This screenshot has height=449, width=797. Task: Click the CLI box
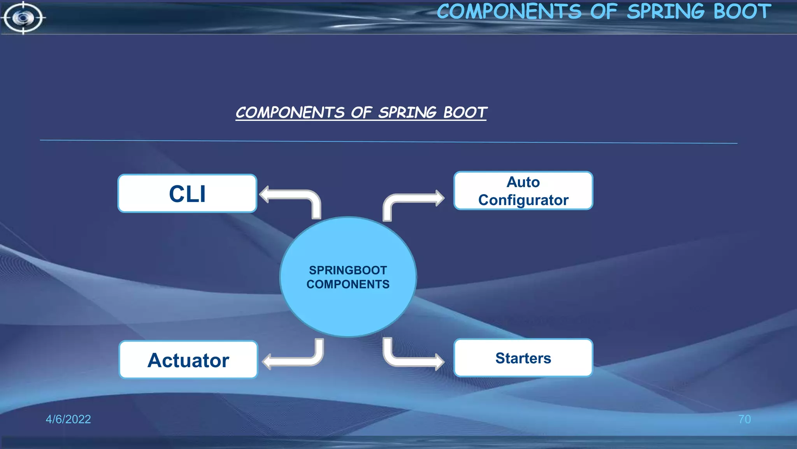pos(187,194)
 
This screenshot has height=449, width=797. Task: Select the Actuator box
pos(188,360)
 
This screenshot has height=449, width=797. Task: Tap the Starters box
pos(523,358)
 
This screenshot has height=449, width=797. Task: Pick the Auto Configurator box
pos(523,191)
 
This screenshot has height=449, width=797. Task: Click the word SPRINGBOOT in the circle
pos(348,270)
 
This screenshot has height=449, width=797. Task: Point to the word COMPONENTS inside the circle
pos(348,285)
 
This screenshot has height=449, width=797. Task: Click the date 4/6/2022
pos(68,419)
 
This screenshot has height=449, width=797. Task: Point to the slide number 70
pos(744,419)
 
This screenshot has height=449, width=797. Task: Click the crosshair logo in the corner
pos(23,18)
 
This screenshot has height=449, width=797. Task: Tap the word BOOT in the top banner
pos(742,11)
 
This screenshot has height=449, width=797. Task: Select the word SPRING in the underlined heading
pos(407,113)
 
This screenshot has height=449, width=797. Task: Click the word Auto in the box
pos(523,182)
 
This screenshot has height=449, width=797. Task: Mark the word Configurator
pos(523,200)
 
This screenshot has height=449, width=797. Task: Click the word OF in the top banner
pos(603,11)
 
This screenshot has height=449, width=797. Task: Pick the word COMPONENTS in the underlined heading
pos(290,113)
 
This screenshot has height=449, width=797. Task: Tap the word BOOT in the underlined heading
pos(465,113)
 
